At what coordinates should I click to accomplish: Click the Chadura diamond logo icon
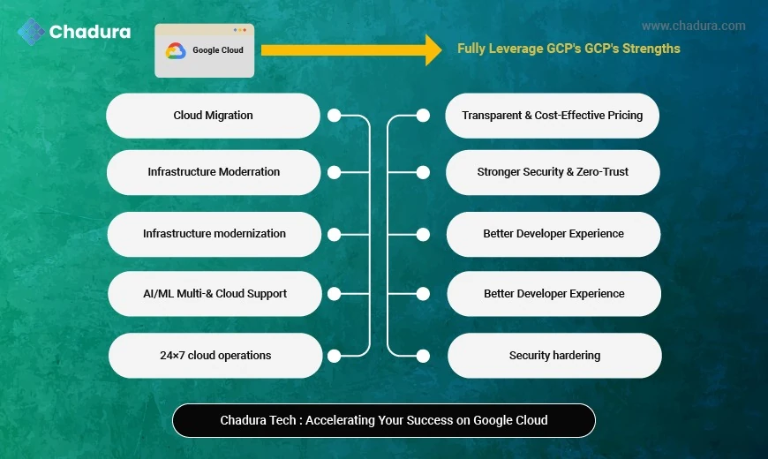click(x=31, y=31)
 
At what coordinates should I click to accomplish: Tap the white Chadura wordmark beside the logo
click(x=90, y=32)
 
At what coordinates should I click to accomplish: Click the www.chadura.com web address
click(x=693, y=26)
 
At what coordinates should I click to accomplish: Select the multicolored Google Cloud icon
click(x=176, y=51)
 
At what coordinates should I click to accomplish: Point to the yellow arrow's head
click(x=433, y=49)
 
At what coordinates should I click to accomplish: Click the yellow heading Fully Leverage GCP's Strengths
click(x=568, y=49)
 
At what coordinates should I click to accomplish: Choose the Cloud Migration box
click(x=213, y=116)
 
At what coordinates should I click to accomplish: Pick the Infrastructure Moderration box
click(x=214, y=172)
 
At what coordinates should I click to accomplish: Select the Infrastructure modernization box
click(x=215, y=234)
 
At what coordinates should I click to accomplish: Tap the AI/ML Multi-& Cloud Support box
click(x=215, y=294)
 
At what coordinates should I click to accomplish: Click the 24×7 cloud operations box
click(x=215, y=356)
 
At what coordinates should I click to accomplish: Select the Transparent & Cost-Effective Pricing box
click(x=552, y=116)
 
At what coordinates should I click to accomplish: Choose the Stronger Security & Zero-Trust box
click(x=553, y=172)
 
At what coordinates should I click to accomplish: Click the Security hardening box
click(x=554, y=356)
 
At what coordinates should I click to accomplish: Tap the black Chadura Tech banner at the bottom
click(x=384, y=420)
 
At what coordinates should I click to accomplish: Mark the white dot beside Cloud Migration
click(x=334, y=116)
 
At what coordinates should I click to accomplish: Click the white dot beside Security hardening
click(x=423, y=356)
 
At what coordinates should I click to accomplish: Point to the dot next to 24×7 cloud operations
click(x=334, y=356)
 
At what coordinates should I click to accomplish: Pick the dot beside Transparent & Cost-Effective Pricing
click(x=423, y=116)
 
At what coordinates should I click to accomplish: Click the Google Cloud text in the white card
click(x=218, y=50)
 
